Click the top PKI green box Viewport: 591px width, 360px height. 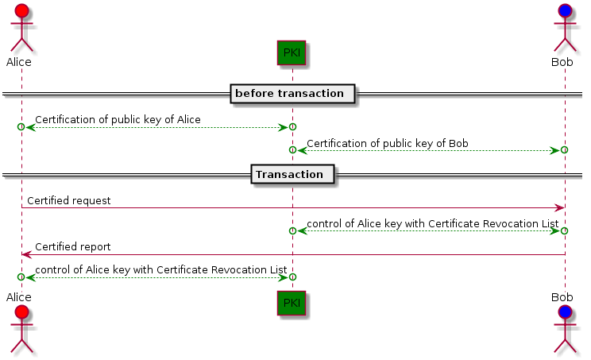click(x=292, y=53)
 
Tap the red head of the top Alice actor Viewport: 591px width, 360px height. click(x=21, y=11)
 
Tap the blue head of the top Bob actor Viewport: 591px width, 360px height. click(x=564, y=11)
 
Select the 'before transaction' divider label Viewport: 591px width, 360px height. click(x=292, y=94)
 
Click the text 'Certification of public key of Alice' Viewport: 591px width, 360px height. click(x=118, y=119)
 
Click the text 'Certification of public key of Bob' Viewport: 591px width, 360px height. click(x=387, y=143)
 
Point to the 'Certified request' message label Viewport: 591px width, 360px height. click(x=68, y=201)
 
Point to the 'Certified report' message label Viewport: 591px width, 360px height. click(x=72, y=246)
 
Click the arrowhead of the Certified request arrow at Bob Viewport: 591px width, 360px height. click(x=559, y=207)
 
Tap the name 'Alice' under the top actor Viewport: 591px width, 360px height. click(x=18, y=61)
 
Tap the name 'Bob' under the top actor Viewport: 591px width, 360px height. click(x=562, y=61)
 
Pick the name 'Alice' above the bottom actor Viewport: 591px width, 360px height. click(x=18, y=296)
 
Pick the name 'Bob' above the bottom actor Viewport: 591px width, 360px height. click(x=562, y=296)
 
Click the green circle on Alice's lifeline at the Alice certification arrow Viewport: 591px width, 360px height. click(x=21, y=127)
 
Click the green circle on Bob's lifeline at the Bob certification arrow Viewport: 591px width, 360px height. click(x=564, y=150)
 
